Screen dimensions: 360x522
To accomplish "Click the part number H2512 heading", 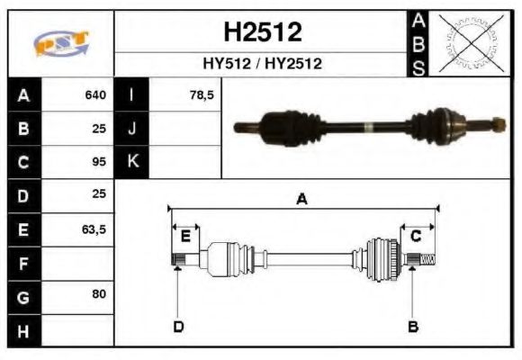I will (x=262, y=33).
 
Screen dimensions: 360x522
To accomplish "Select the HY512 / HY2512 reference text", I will (x=262, y=64).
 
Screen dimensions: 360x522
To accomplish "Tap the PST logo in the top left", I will (x=61, y=43).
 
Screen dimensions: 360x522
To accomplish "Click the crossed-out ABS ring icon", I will (x=467, y=42).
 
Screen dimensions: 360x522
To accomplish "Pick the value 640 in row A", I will (x=94, y=94).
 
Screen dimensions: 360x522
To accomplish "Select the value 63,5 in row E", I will (x=94, y=229).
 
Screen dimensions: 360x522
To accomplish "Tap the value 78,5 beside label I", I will (x=202, y=94).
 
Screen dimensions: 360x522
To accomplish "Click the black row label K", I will (x=131, y=162).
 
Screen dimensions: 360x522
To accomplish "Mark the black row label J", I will (x=131, y=128).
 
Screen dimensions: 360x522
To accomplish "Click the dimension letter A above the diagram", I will (x=302, y=200).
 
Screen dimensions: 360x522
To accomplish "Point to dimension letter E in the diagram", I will (x=185, y=237).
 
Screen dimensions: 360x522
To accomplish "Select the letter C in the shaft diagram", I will (x=417, y=237).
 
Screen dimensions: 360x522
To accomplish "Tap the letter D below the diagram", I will (x=178, y=326).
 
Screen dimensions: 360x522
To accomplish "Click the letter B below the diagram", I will (x=413, y=326).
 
